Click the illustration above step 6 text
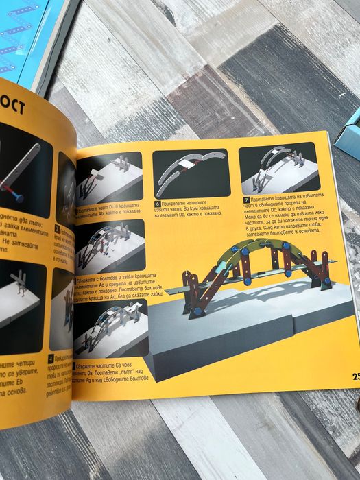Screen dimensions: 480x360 point(190,175)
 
